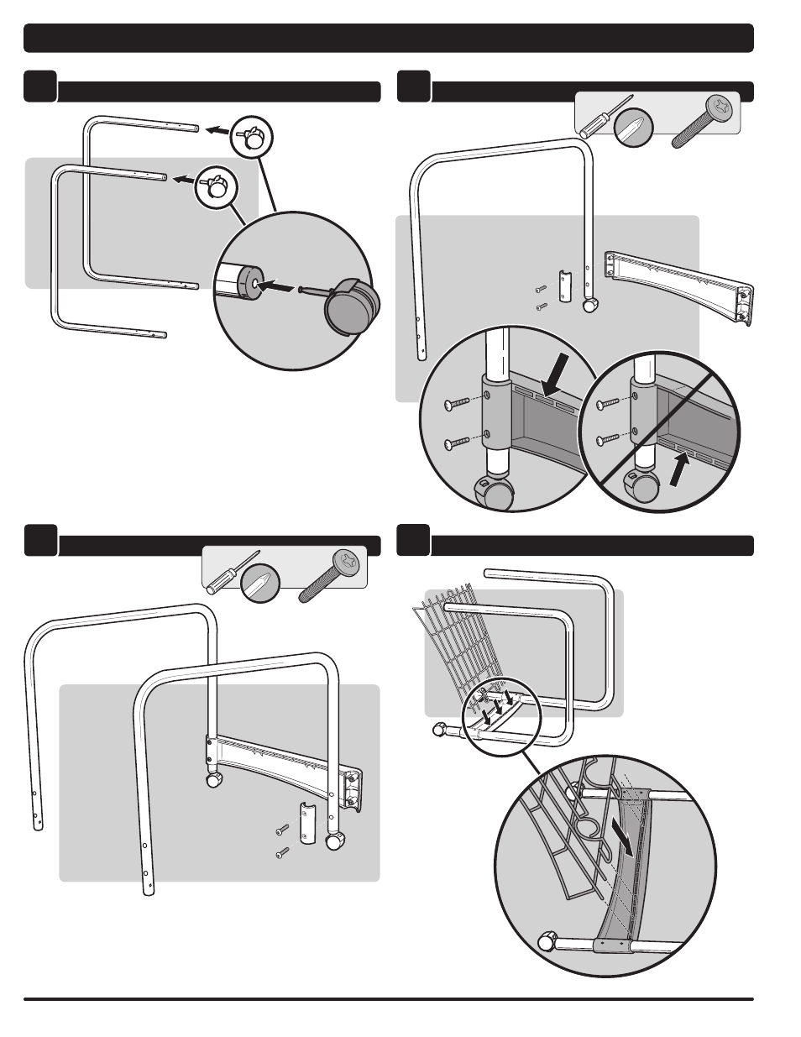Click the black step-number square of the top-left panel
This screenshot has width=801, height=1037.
tap(40, 86)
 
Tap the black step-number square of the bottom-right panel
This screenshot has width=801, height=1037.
tap(412, 540)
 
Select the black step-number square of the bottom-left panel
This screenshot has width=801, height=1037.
tap(40, 540)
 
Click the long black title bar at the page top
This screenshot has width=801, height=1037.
tap(388, 38)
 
